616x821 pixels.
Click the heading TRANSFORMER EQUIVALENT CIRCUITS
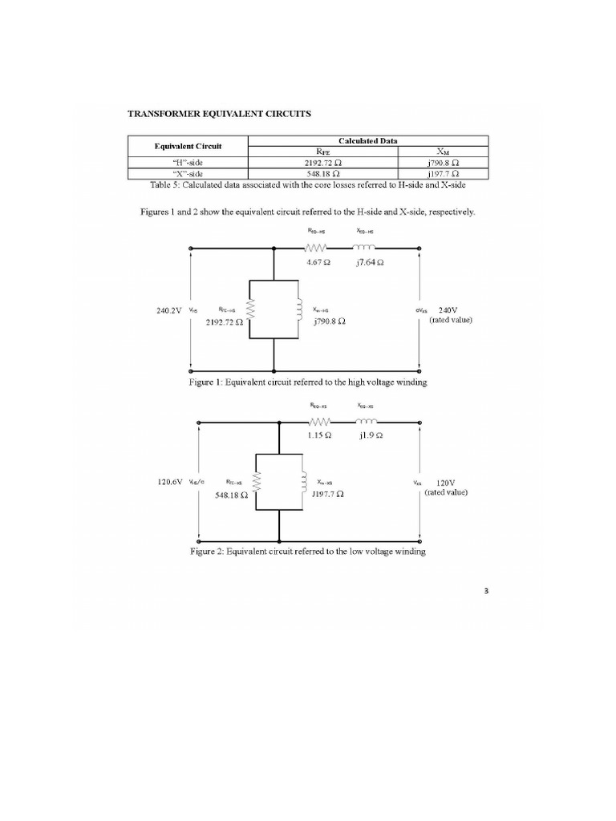click(x=219, y=114)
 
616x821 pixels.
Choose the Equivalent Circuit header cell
click(x=188, y=145)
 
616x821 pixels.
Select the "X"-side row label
click(x=188, y=172)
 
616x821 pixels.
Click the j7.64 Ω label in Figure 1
click(x=368, y=262)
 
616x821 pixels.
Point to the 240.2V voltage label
click(x=169, y=309)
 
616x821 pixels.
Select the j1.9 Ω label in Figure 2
click(x=368, y=435)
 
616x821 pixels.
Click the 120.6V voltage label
click(x=169, y=483)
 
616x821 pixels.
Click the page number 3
click(x=486, y=592)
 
